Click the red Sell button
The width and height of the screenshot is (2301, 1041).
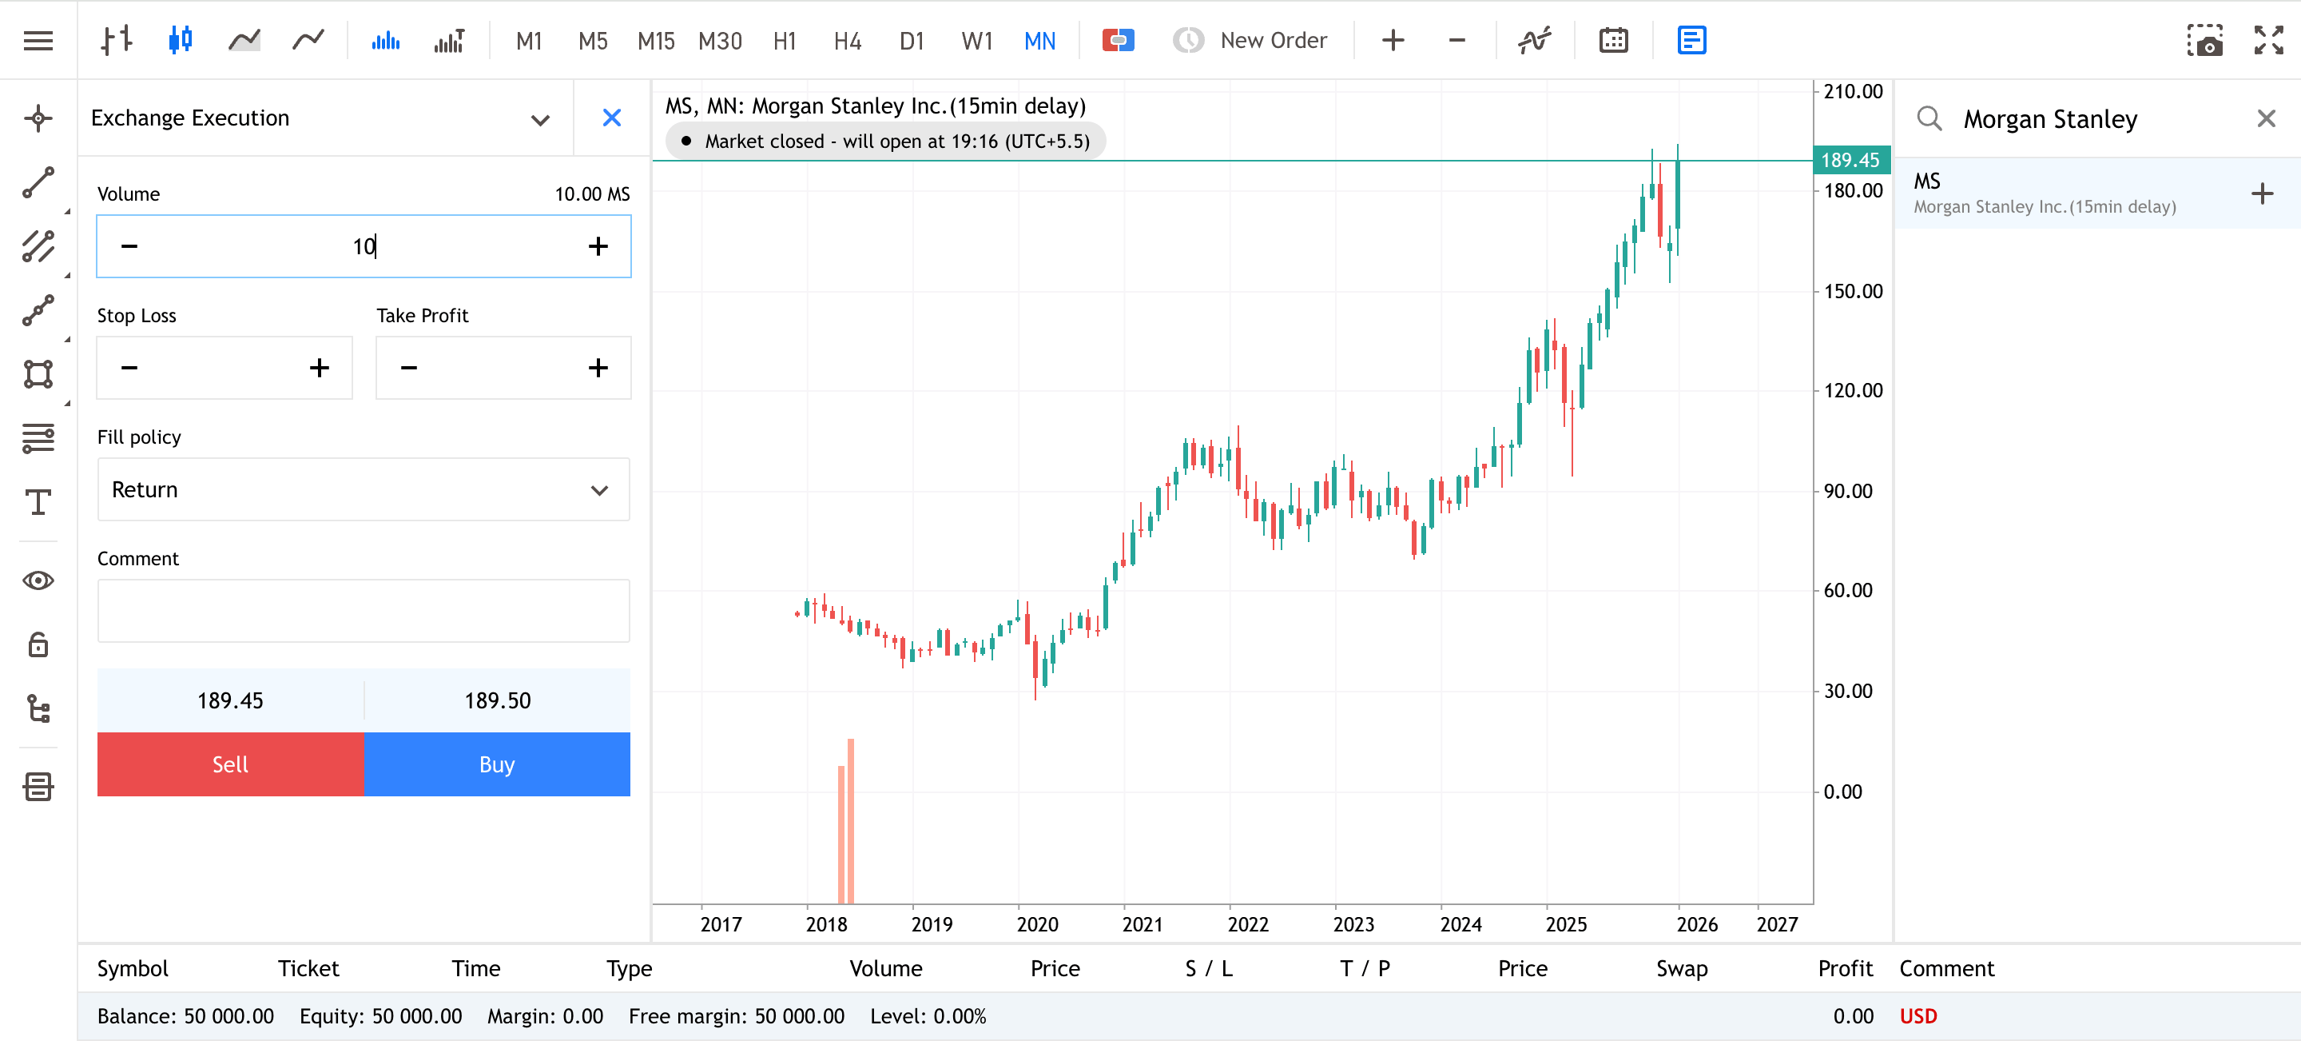pos(229,764)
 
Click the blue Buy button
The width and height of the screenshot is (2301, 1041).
pos(497,764)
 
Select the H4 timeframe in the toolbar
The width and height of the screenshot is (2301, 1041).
pos(847,41)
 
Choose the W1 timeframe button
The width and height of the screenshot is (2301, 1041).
pos(976,41)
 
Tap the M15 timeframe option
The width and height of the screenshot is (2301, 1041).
pos(656,41)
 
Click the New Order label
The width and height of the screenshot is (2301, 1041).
pos(1273,41)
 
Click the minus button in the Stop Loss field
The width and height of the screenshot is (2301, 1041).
pos(129,367)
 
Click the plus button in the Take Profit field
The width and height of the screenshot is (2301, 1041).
pos(598,367)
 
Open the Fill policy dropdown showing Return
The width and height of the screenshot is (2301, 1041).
pos(364,489)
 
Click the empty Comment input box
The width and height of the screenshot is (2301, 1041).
pos(364,611)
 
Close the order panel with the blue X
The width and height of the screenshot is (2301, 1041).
pos(612,118)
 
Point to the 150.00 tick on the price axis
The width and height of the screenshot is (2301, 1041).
pos(1853,291)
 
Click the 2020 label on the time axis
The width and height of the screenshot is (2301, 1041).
pos(1037,924)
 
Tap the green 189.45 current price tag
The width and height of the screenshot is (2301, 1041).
pos(1850,160)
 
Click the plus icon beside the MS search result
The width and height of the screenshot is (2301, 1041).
pos(2262,194)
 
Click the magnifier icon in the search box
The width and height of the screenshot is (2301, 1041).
pos(1929,119)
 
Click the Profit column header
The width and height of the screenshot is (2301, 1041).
pos(1845,968)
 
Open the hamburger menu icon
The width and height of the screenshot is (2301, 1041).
pos(38,41)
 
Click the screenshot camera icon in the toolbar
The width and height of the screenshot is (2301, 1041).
pos(2204,41)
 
